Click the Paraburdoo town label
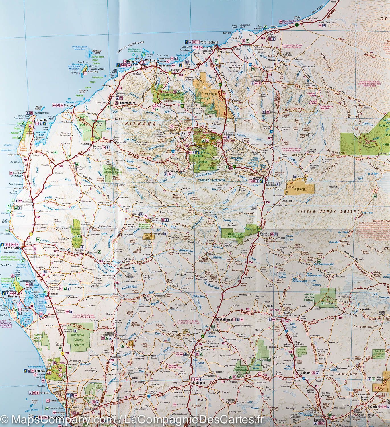(171, 171)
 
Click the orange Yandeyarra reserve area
(209, 88)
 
